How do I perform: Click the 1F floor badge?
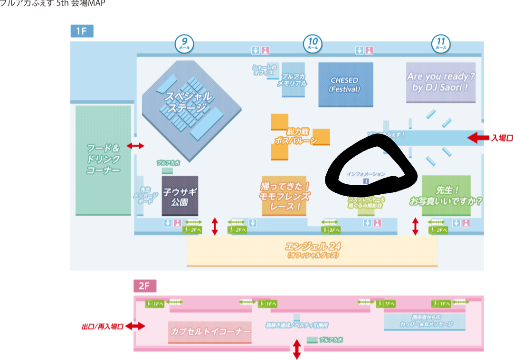point(82,31)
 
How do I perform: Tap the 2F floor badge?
point(144,285)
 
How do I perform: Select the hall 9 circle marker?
point(184,44)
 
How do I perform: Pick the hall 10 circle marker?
point(313,44)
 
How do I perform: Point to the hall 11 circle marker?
point(441,44)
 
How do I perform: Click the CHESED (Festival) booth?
point(345,84)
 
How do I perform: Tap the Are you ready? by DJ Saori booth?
point(441,82)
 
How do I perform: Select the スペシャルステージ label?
point(189,103)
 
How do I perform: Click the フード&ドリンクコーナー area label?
point(103,159)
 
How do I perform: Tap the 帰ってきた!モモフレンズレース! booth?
point(284,195)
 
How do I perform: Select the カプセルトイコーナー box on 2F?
point(210,332)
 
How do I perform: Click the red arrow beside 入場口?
point(478,138)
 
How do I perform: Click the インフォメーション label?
point(366,174)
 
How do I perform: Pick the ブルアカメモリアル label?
point(293,80)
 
